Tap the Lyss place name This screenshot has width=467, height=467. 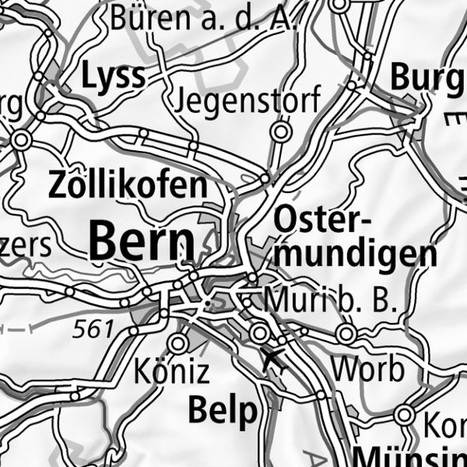[114, 76]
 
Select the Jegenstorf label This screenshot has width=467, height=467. [248, 100]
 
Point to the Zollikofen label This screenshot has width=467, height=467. [128, 186]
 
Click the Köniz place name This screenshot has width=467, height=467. [171, 371]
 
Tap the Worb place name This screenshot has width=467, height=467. [368, 368]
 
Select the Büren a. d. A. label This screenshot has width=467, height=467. [204, 18]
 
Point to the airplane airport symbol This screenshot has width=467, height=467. [274, 360]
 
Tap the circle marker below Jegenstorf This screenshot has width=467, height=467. [281, 132]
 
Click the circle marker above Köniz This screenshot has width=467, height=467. [179, 342]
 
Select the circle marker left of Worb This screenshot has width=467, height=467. [347, 335]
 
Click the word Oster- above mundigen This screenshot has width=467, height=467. [318, 220]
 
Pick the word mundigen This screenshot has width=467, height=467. [355, 254]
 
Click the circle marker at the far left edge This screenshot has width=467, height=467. [20, 140]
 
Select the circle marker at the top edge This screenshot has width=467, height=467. [339, 4]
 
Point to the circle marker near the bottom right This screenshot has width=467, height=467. [404, 415]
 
